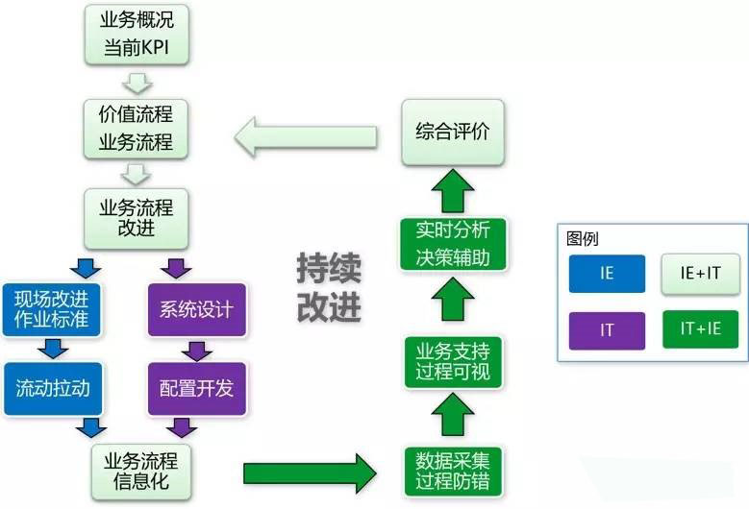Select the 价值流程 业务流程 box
[x=136, y=127]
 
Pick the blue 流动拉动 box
[x=52, y=388]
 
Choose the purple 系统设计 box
[x=196, y=309]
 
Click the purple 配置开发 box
[x=196, y=388]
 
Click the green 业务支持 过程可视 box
[x=452, y=359]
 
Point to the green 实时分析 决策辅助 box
[x=452, y=244]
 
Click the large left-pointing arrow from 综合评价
[x=307, y=134]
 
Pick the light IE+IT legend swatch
[x=700, y=273]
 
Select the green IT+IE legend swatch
[x=700, y=330]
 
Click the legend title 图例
[x=583, y=238]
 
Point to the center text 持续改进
[x=328, y=289]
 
